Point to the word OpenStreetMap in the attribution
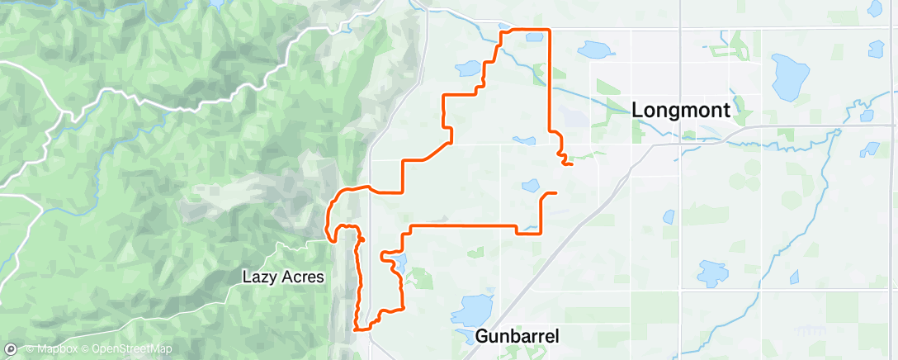click(133, 349)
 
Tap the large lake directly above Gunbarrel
click(472, 310)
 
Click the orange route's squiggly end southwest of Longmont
click(566, 162)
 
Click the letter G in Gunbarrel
click(483, 336)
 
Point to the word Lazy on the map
click(258, 277)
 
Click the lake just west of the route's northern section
click(468, 68)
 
